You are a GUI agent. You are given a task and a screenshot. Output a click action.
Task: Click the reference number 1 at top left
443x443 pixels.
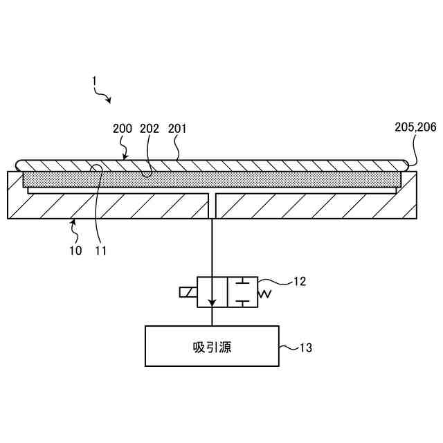pyautogui.click(x=94, y=81)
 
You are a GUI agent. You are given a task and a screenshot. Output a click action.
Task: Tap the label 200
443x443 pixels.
pyautogui.click(x=123, y=129)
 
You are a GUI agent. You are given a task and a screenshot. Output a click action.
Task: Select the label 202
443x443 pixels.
pyautogui.click(x=150, y=129)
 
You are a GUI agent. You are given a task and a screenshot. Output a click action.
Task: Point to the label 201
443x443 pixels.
pyautogui.click(x=177, y=129)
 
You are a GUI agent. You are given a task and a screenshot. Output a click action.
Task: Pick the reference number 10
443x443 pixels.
pyautogui.click(x=75, y=250)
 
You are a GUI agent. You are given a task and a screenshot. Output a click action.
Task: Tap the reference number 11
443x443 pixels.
pyautogui.click(x=101, y=250)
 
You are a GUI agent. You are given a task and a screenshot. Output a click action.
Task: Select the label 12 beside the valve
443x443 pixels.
pyautogui.click(x=299, y=281)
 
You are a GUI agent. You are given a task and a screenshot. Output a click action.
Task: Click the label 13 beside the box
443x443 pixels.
pyautogui.click(x=305, y=347)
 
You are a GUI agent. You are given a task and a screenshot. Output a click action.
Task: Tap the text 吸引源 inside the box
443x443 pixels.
pyautogui.click(x=212, y=347)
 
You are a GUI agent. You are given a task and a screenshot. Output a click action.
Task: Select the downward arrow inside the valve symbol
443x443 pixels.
pyautogui.click(x=213, y=298)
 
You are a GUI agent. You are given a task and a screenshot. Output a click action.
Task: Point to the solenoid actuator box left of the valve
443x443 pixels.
pyautogui.click(x=188, y=292)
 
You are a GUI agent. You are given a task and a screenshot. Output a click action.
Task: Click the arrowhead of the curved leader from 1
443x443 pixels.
pyautogui.click(x=109, y=101)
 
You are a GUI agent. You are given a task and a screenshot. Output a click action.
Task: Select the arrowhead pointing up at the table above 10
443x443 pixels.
pyautogui.click(x=73, y=222)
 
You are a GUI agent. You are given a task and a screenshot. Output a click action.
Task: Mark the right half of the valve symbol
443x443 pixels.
pyautogui.click(x=242, y=292)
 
